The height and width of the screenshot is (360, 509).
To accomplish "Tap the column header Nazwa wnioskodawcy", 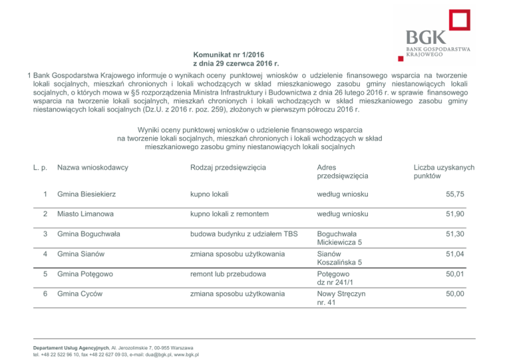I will (x=92, y=168).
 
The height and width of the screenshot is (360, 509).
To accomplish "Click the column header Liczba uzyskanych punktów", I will (x=443, y=172).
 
